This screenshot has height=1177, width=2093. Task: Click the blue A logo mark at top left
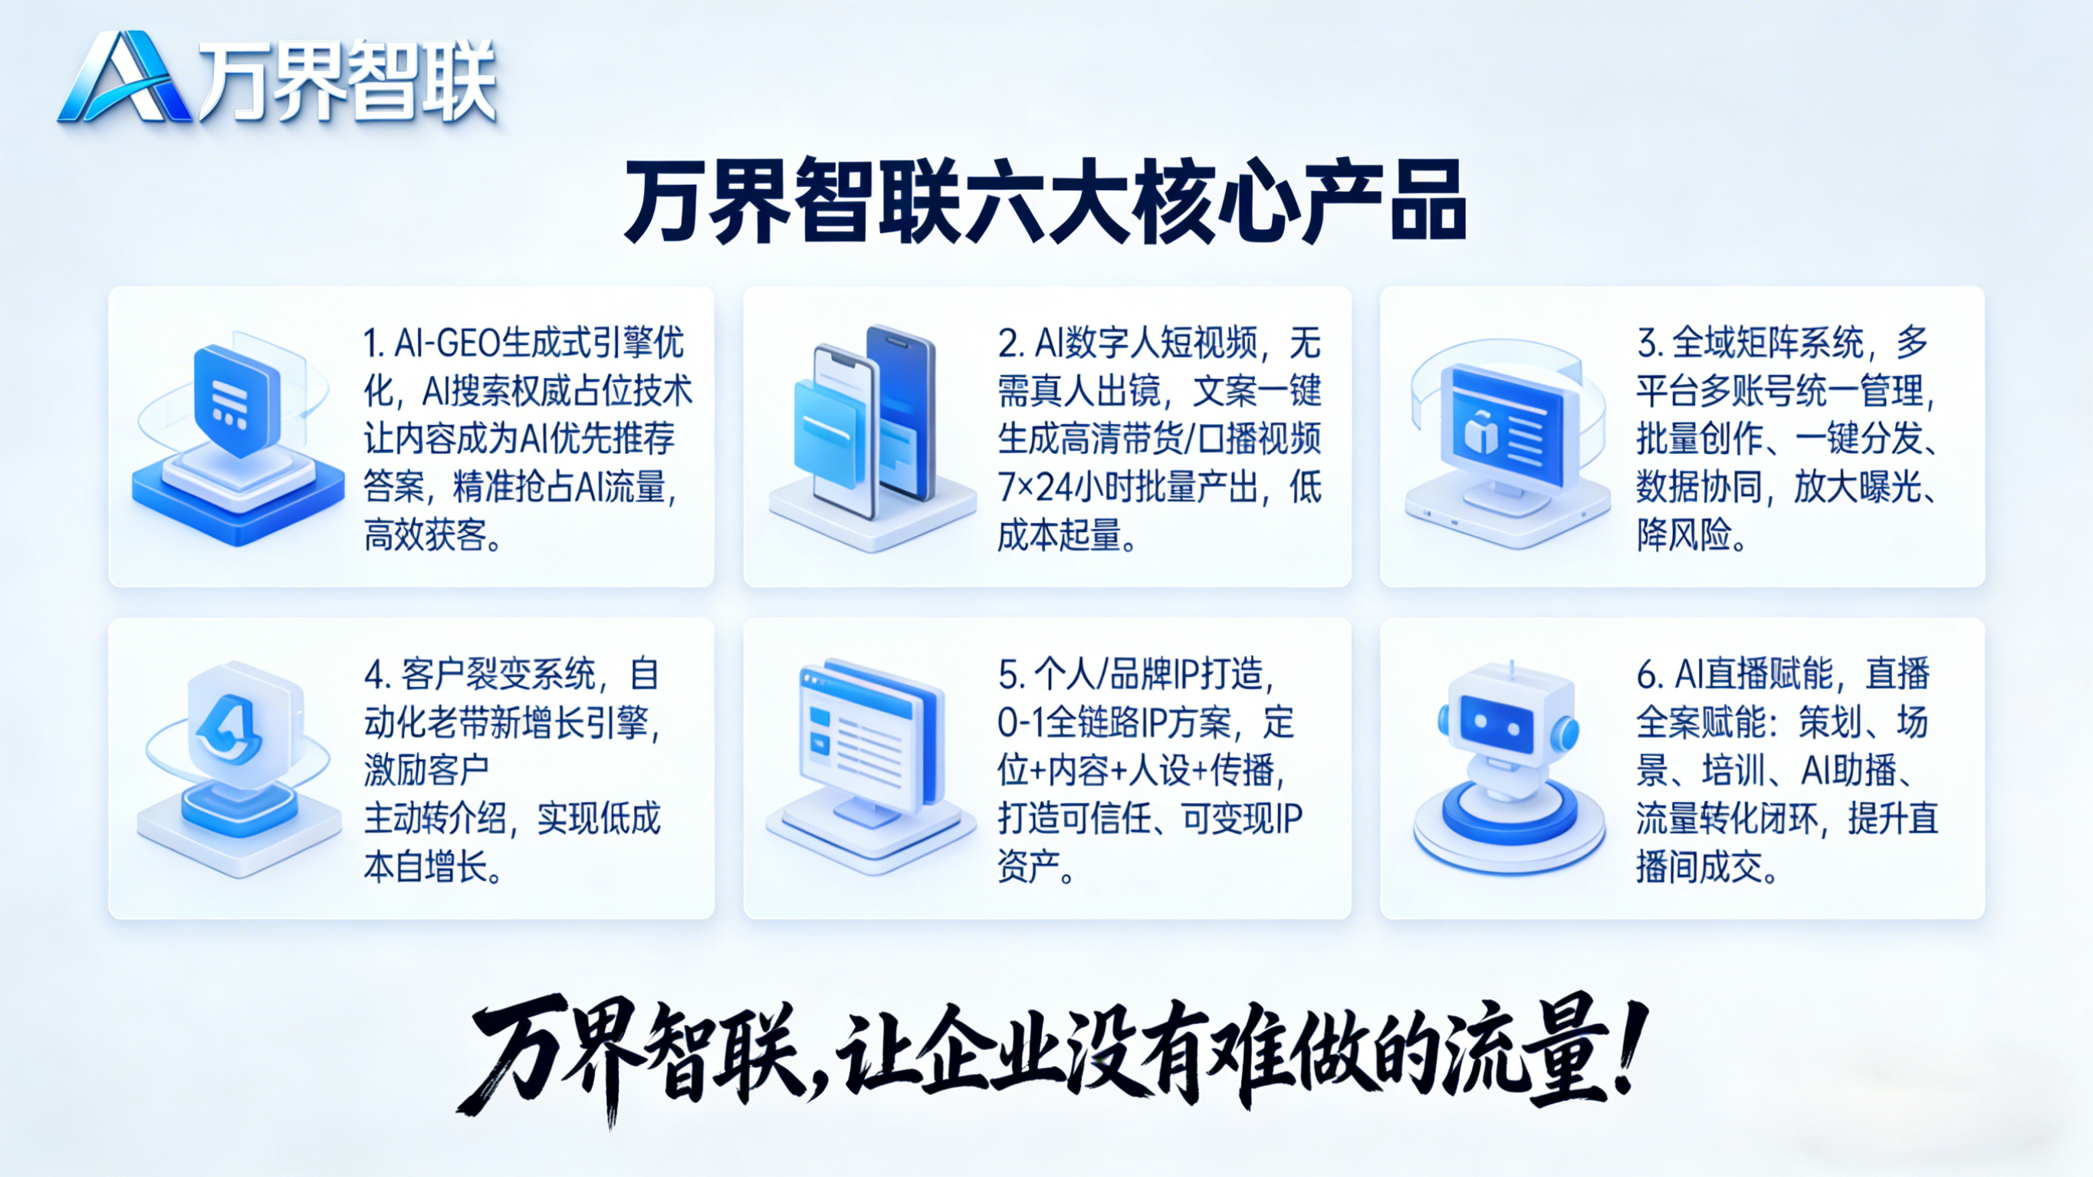click(x=124, y=78)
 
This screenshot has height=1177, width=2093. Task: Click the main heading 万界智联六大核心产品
click(x=1046, y=201)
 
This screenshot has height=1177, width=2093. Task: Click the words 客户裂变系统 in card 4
click(x=498, y=674)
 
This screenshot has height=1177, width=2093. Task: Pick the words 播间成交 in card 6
click(x=1699, y=867)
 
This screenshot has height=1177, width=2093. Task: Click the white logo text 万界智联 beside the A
click(x=348, y=81)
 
